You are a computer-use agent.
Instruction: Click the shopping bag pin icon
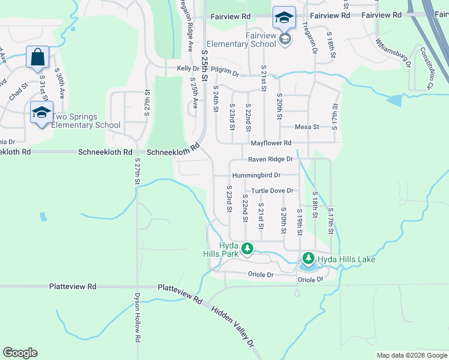point(37,58)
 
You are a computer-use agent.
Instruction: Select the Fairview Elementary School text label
point(241,40)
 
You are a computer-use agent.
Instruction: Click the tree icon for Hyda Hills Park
point(247,248)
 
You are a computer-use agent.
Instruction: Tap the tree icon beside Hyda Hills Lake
point(309,259)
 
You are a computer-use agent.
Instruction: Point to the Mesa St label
point(307,127)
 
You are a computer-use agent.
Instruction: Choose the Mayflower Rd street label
point(271,143)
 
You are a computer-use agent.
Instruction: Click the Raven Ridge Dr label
point(271,159)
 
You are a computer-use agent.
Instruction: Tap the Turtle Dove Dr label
point(272,191)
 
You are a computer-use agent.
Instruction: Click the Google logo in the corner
point(20,353)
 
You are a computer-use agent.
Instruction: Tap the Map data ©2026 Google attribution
point(411,355)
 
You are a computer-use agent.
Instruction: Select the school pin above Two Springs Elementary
point(41,112)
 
